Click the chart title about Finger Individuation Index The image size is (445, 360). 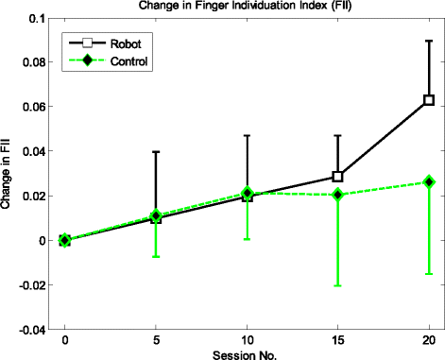click(x=247, y=7)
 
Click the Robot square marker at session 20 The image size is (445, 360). click(x=429, y=100)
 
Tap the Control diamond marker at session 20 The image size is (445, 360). click(x=429, y=181)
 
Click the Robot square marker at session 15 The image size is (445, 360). click(x=337, y=177)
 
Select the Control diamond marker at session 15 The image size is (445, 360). click(x=337, y=195)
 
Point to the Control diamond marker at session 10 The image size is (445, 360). click(x=247, y=193)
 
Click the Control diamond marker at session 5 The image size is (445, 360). click(x=156, y=216)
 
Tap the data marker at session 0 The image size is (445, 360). click(x=65, y=240)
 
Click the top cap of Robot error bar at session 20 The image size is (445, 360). click(x=429, y=41)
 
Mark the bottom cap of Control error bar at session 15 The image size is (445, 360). click(x=337, y=285)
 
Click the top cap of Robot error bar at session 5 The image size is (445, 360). click(x=156, y=151)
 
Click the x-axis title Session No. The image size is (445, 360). click(x=247, y=353)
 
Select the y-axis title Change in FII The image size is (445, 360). click(x=8, y=174)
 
